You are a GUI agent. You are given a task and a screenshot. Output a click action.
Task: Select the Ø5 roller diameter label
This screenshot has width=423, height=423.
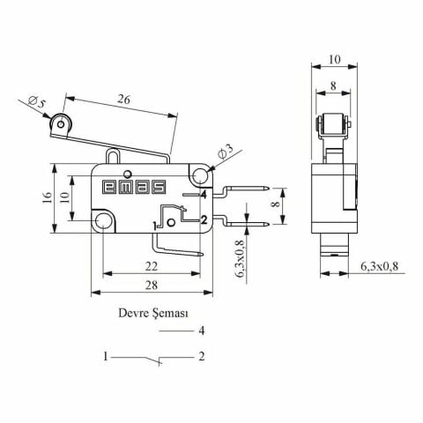[x=36, y=105]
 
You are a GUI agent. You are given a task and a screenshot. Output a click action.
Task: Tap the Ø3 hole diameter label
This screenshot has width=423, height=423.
[x=224, y=154]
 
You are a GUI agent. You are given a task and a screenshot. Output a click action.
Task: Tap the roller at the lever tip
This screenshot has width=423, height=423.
[x=61, y=129]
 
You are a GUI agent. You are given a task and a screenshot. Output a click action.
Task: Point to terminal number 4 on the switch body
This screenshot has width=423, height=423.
[x=204, y=194]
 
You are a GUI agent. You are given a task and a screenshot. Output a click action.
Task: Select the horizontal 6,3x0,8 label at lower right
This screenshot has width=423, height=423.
[x=380, y=266]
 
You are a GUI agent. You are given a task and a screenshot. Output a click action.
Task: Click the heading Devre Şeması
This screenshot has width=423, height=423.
[x=154, y=312]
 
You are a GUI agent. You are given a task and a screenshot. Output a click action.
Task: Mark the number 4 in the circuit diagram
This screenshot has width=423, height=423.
[x=201, y=330]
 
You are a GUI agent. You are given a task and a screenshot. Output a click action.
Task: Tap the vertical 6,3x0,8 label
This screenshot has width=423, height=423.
[x=241, y=260]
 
